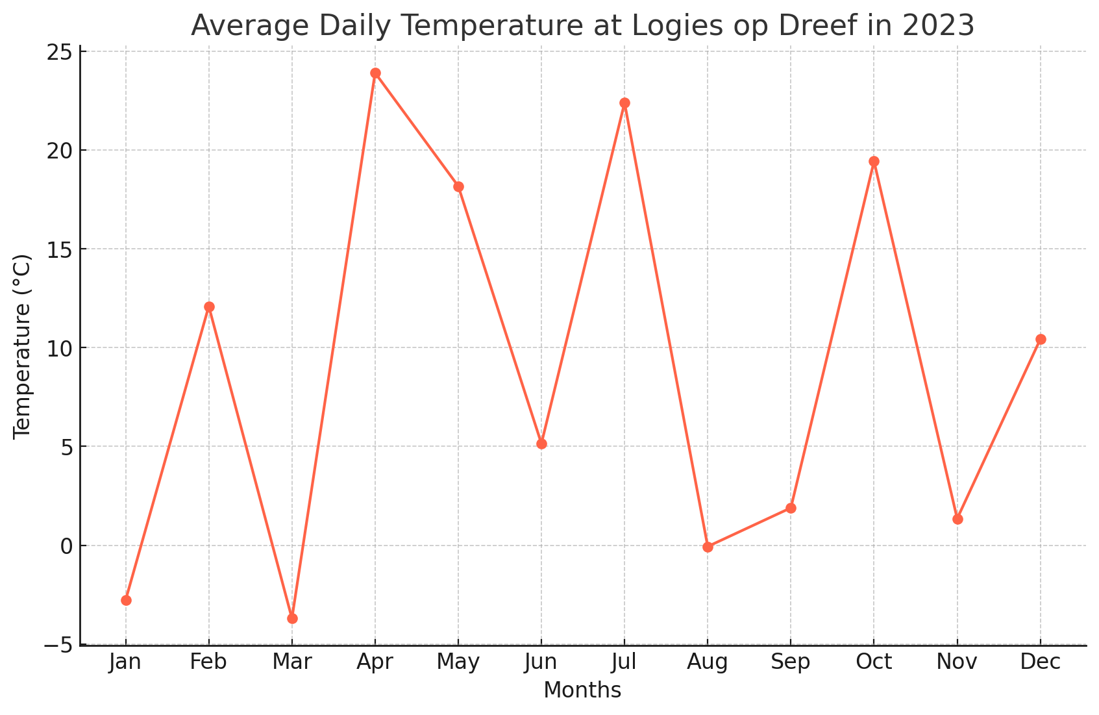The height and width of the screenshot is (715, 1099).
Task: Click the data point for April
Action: pyautogui.click(x=375, y=73)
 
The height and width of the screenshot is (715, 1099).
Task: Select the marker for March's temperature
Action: pyautogui.click(x=292, y=618)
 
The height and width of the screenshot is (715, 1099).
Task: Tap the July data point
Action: pyautogui.click(x=624, y=103)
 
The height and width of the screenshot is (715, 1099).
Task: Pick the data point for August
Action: pyautogui.click(x=708, y=547)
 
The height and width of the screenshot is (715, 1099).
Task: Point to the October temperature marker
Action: pyautogui.click(x=874, y=162)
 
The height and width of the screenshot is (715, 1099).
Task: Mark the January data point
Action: pyautogui.click(x=126, y=600)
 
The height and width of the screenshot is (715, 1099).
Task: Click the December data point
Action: pyautogui.click(x=1041, y=339)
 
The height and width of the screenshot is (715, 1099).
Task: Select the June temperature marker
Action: pyautogui.click(x=541, y=444)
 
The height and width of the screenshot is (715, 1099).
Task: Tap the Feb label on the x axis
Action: pyautogui.click(x=209, y=662)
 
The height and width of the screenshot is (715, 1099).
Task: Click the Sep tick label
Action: pyautogui.click(x=791, y=662)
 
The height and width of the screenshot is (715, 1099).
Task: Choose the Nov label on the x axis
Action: pyautogui.click(x=957, y=662)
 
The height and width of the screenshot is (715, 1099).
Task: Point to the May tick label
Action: pyautogui.click(x=458, y=662)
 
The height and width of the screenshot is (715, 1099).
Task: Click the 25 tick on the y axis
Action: pyautogui.click(x=59, y=52)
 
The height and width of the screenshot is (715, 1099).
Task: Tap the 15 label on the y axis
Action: pyautogui.click(x=59, y=249)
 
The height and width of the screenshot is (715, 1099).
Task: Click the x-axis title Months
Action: pyautogui.click(x=582, y=691)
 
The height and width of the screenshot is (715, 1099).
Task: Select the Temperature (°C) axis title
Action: pyautogui.click(x=23, y=347)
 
